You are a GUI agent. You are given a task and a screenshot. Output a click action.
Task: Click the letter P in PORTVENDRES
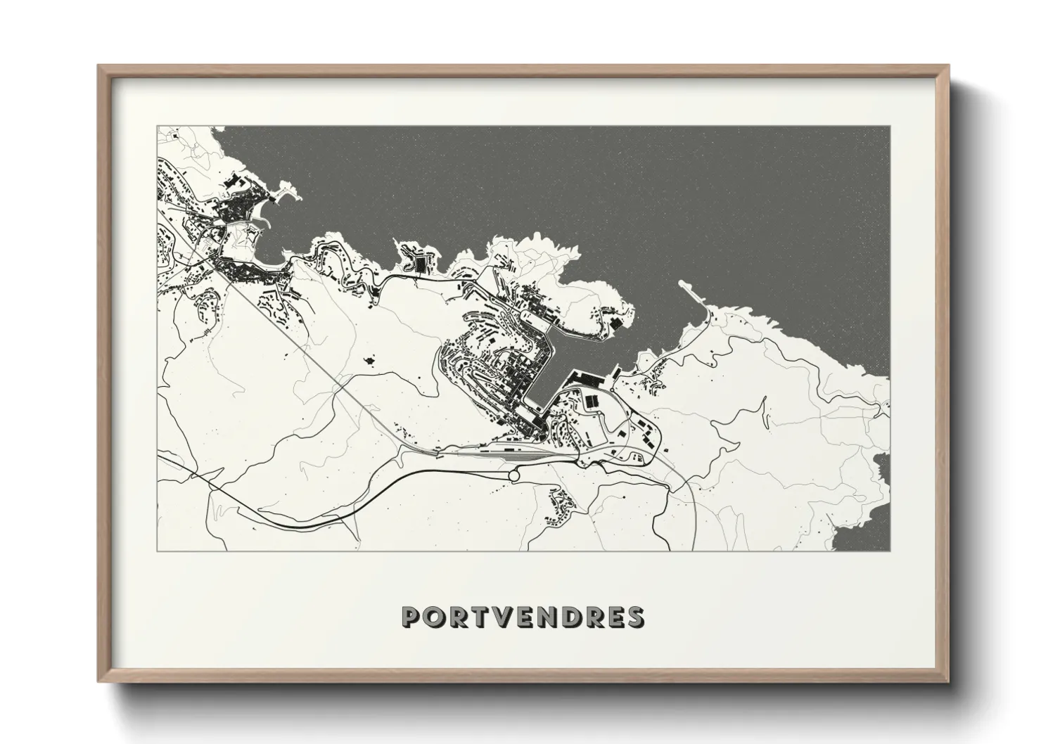click(x=411, y=617)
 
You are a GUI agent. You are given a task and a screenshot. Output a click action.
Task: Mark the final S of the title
click(x=635, y=617)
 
